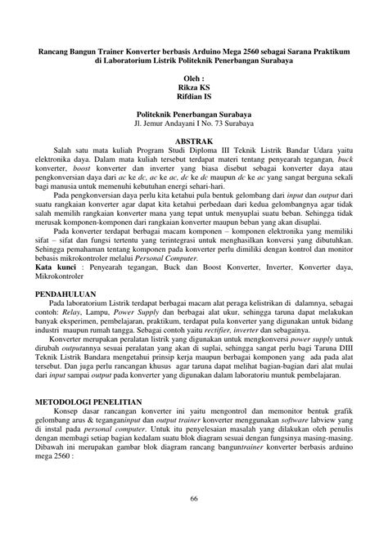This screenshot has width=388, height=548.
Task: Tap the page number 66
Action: (194, 500)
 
